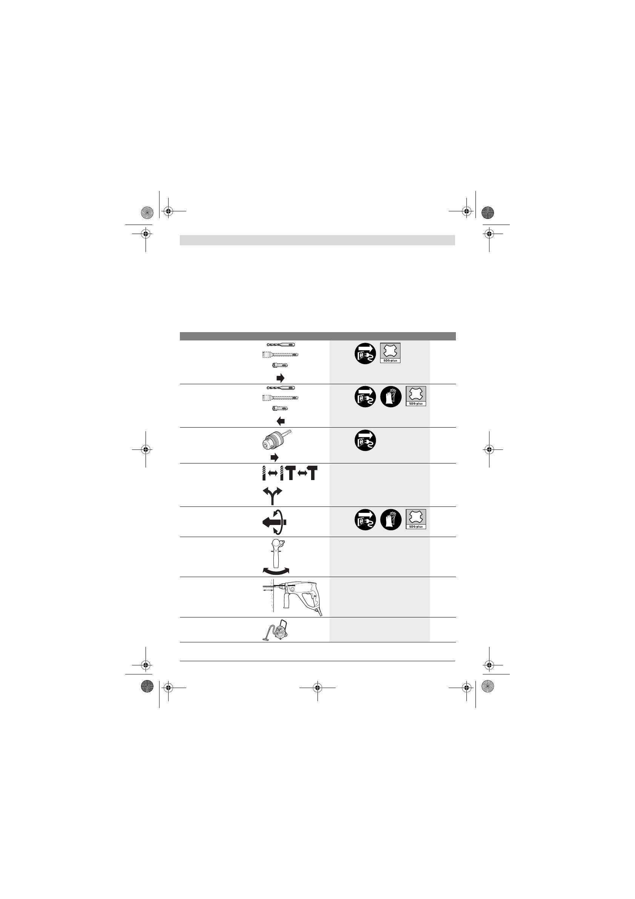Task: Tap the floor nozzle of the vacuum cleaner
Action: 266,639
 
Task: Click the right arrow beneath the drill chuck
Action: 274,457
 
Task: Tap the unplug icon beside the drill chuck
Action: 365,440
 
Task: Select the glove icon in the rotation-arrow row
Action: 391,520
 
